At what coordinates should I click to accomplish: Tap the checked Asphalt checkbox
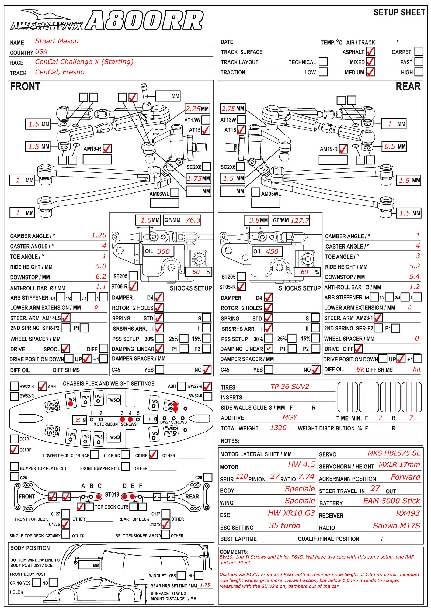point(371,51)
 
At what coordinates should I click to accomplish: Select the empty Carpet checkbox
point(419,51)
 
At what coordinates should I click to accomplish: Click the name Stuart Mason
point(57,41)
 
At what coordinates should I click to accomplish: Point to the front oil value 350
point(164,251)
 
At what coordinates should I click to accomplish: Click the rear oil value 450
point(272,251)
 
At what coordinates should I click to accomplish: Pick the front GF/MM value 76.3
point(193,220)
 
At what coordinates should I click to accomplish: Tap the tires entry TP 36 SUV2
point(290,387)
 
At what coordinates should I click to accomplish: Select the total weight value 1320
point(278,428)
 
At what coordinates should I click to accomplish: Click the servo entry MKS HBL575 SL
point(394,453)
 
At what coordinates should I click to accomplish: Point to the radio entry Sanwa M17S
point(396,526)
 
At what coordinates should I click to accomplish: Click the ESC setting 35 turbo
point(284,525)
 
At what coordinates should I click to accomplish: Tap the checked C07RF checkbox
point(14,449)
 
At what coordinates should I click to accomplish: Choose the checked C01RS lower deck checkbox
point(153,454)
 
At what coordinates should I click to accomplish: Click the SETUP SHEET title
point(399,13)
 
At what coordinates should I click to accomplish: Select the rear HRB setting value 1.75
point(205,585)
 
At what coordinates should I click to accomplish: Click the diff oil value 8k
point(360,369)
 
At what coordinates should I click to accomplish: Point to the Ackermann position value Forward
point(405,477)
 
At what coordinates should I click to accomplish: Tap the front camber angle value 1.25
point(99,235)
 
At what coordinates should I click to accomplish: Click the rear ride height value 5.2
point(414,266)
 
